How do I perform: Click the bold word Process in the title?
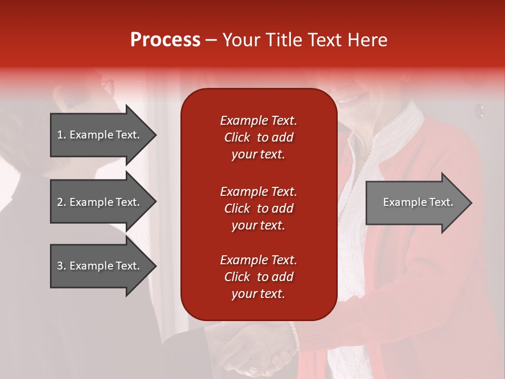pyautogui.click(x=165, y=40)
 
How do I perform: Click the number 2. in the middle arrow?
pyautogui.click(x=62, y=202)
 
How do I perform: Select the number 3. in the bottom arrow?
pyautogui.click(x=62, y=266)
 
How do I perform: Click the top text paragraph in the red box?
pyautogui.click(x=258, y=137)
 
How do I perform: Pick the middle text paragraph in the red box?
pyautogui.click(x=258, y=208)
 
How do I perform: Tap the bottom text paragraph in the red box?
pyautogui.click(x=258, y=277)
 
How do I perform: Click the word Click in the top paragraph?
pyautogui.click(x=237, y=137)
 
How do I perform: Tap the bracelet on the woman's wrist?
pyautogui.click(x=295, y=337)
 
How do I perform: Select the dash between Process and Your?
pyautogui.click(x=211, y=41)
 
